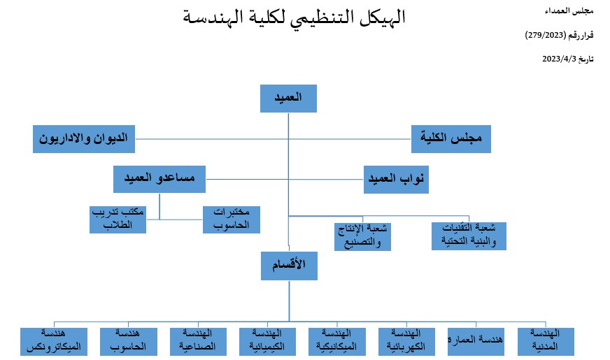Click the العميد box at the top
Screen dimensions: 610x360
(288, 99)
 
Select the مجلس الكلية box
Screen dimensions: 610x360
(451, 139)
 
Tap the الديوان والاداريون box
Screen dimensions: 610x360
(84, 139)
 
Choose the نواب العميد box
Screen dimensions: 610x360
(396, 179)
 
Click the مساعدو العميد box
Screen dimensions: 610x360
(159, 179)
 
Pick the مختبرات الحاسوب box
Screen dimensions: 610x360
(232, 219)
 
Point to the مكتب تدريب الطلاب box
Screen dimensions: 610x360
(118, 219)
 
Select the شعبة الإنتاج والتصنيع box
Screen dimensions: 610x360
(362, 236)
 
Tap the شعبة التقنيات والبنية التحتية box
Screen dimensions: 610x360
(469, 236)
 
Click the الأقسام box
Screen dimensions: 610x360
(289, 266)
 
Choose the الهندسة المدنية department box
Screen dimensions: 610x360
(546, 342)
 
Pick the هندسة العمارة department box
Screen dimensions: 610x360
(476, 342)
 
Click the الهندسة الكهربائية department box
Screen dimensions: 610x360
(406, 342)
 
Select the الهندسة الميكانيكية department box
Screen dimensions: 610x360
(337, 342)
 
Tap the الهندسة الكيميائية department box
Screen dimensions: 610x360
(267, 342)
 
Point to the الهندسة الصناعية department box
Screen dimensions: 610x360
(198, 342)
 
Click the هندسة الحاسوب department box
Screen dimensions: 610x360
(129, 342)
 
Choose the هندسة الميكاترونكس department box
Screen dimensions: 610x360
(54, 342)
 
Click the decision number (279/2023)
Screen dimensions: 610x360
(546, 35)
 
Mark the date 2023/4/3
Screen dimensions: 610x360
(559, 59)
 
